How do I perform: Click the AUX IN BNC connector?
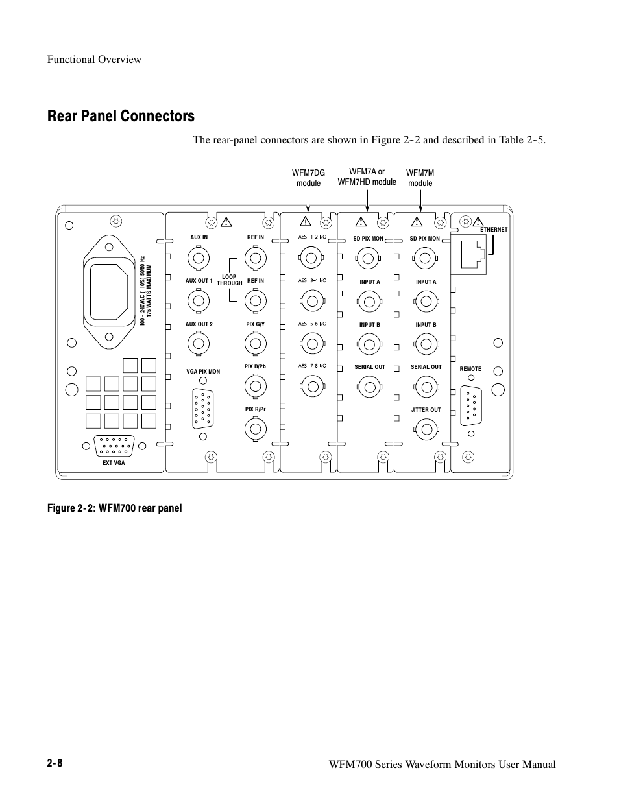coord(199,259)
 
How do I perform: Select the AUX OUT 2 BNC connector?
coord(199,342)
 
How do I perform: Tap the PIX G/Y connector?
coord(255,342)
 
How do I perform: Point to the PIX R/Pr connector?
coord(255,428)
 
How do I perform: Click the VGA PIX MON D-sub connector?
coord(203,409)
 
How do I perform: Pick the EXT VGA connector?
coord(114,447)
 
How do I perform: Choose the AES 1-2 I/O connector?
coord(312,259)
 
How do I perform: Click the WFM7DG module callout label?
coord(308,178)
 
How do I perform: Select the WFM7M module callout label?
coord(420,178)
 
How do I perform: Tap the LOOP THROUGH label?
coord(229,280)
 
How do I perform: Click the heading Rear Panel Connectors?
coord(121,116)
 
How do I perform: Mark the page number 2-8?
coord(55,763)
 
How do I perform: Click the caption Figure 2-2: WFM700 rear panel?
coord(114,508)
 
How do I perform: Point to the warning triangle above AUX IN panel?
coord(226,223)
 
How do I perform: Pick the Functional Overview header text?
coord(94,60)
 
